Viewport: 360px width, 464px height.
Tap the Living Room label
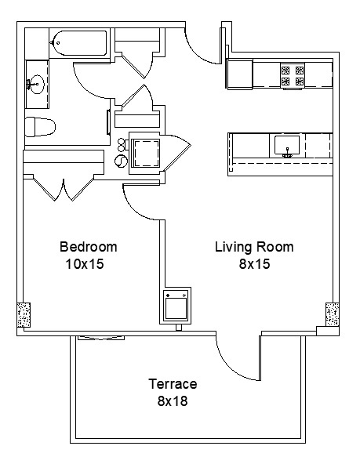tap(254, 248)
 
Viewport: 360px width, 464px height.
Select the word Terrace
tap(173, 385)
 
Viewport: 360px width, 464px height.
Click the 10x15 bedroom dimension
tap(85, 265)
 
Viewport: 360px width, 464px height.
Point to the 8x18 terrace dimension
tap(173, 402)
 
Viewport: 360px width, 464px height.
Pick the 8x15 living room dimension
tap(254, 265)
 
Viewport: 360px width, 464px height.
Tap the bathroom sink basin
tap(35, 83)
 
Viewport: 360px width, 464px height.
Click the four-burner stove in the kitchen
tap(292, 74)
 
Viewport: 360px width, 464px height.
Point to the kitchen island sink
tap(287, 146)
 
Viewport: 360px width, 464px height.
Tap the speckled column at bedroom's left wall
tap(24, 316)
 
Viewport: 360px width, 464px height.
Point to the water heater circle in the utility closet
tap(120, 160)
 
